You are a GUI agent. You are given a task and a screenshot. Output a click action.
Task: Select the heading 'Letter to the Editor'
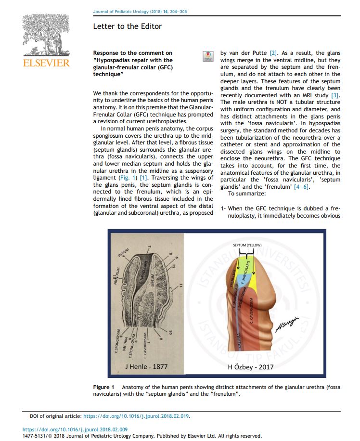(x=128, y=26)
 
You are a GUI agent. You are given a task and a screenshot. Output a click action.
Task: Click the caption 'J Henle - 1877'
(x=146, y=366)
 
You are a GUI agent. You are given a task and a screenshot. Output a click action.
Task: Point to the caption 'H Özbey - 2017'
(x=247, y=366)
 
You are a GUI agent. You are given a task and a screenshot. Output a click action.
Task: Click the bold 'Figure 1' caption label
(x=103, y=387)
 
